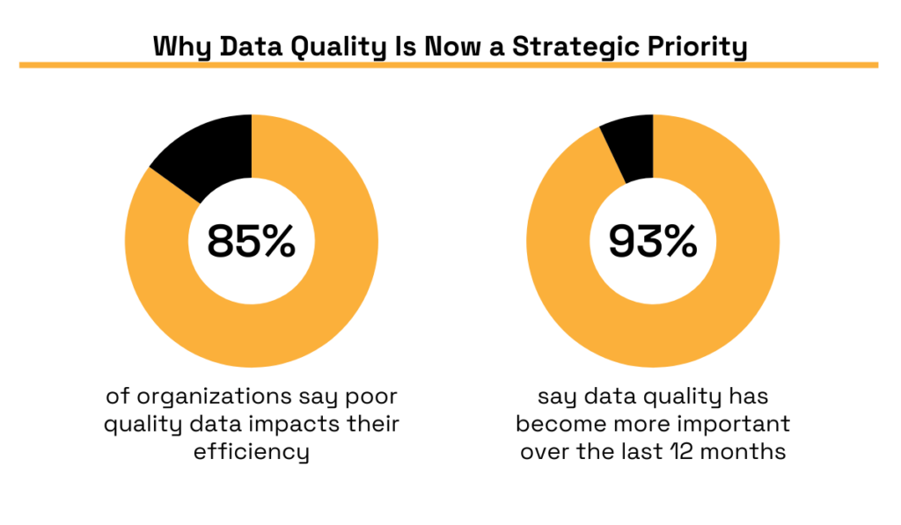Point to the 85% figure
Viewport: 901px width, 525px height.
click(x=252, y=241)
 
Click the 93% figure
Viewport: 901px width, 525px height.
click(x=653, y=241)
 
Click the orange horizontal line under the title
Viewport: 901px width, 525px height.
click(x=449, y=65)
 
